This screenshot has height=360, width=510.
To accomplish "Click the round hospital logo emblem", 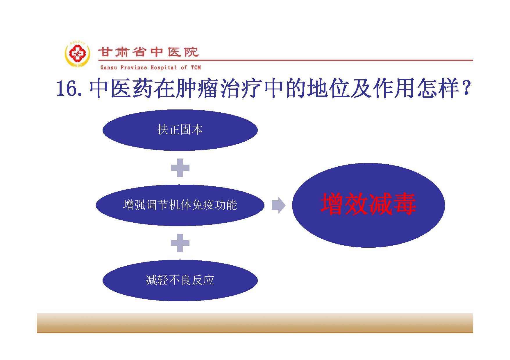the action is click(x=77, y=55).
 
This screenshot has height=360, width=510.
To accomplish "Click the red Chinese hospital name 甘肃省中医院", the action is click(x=148, y=52).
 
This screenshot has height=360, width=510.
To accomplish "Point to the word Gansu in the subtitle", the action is click(x=109, y=68).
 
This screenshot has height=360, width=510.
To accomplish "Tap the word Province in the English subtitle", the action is click(x=134, y=68).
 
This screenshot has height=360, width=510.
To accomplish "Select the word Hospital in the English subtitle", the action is click(x=164, y=68).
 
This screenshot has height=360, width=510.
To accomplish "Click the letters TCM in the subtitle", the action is click(x=196, y=68).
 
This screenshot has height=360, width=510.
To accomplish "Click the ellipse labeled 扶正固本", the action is click(x=180, y=130).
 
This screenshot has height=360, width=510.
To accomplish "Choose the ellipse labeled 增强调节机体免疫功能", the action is click(x=180, y=205).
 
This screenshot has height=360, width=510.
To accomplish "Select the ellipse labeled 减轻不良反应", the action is click(x=180, y=280).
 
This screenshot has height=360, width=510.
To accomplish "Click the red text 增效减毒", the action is click(x=368, y=204).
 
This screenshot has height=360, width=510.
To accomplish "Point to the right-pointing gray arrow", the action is click(x=278, y=205).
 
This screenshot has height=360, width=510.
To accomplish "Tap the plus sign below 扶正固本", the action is click(x=180, y=168).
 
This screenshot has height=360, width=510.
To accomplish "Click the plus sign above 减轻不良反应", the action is click(x=180, y=243).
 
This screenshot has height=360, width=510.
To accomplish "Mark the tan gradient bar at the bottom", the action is click(x=255, y=323).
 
